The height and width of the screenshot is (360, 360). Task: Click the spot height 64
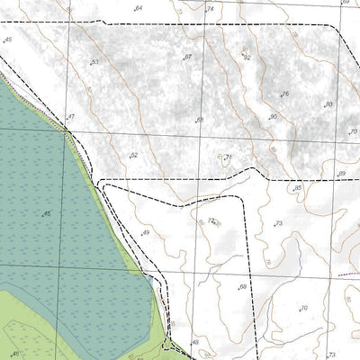point(138,8)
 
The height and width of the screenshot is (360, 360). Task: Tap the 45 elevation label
point(8,40)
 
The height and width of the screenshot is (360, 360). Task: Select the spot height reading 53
point(94,62)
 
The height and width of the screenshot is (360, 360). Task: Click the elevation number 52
point(133,156)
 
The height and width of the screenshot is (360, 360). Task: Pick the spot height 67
point(187,57)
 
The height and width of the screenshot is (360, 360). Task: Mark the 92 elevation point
point(247,57)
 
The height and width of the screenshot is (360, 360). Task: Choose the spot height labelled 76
point(284,94)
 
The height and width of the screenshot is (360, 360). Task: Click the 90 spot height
point(273,117)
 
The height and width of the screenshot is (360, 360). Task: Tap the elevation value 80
point(328,104)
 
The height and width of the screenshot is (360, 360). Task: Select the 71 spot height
point(228,158)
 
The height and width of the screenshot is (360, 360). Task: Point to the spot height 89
point(341,174)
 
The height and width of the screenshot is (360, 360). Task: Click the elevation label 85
point(298,188)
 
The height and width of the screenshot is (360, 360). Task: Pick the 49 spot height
point(145,233)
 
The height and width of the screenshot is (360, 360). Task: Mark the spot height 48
point(194,343)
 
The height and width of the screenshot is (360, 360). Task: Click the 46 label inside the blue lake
point(46,213)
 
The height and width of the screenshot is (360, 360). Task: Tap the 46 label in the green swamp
point(13,354)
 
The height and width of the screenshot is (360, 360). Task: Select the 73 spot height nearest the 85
point(279,223)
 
